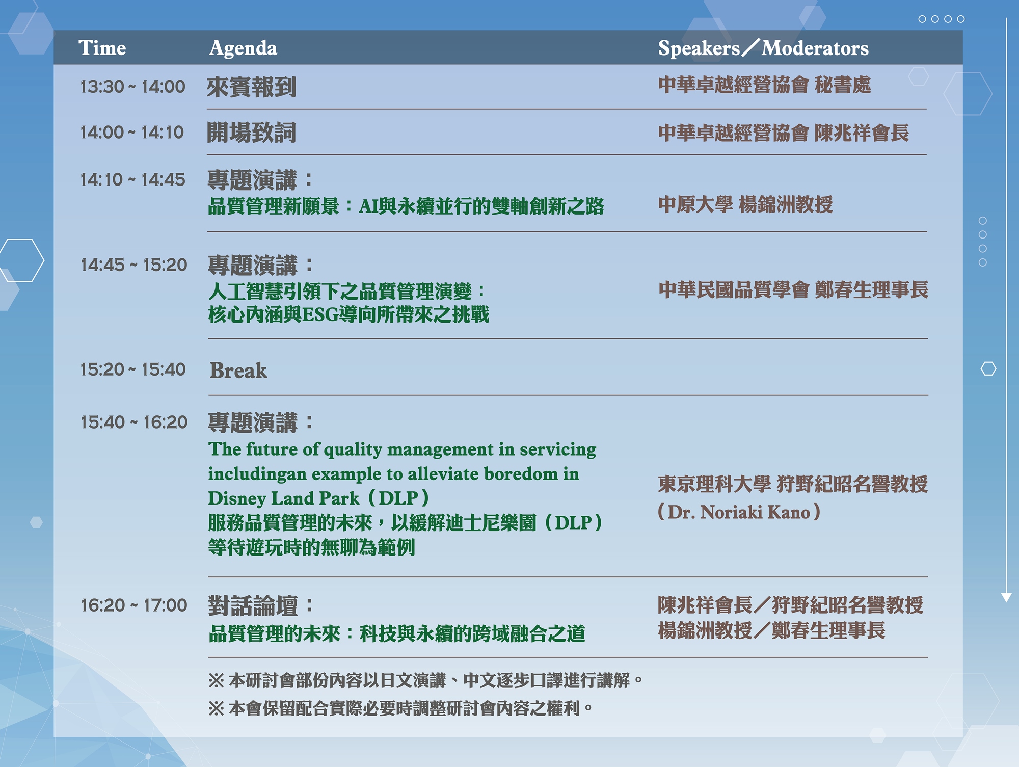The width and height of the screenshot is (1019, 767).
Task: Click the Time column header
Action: pyautogui.click(x=102, y=48)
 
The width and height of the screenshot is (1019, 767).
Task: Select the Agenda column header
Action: pyautogui.click(x=243, y=48)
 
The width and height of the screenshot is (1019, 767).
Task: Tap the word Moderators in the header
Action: pyautogui.click(x=815, y=48)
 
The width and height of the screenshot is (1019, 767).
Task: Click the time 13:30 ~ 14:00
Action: pyautogui.click(x=133, y=87)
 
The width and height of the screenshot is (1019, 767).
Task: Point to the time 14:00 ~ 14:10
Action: pyautogui.click(x=132, y=133)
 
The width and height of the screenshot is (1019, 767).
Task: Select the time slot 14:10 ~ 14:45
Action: pyautogui.click(x=133, y=179)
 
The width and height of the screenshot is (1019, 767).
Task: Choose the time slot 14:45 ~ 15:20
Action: pyautogui.click(x=134, y=265)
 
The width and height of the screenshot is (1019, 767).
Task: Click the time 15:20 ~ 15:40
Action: pyautogui.click(x=133, y=369)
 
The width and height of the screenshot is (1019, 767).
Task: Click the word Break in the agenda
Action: pyautogui.click(x=238, y=371)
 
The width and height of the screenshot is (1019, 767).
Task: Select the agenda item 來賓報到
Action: pyautogui.click(x=251, y=87)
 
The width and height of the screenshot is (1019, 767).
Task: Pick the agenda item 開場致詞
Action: pyautogui.click(x=251, y=133)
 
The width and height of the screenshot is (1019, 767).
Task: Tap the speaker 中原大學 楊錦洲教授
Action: pyautogui.click(x=745, y=204)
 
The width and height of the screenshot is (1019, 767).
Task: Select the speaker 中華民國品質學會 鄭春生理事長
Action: pyautogui.click(x=793, y=289)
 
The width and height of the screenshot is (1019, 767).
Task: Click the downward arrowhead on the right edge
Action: pyautogui.click(x=1006, y=597)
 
